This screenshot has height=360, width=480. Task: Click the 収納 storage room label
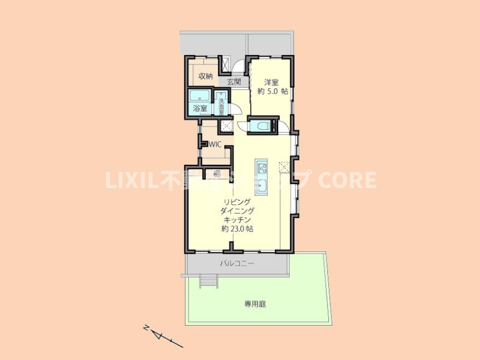(206, 76)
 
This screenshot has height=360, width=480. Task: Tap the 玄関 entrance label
(234, 82)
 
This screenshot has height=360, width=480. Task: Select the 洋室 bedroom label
(272, 82)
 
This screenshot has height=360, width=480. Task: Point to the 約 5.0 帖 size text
(273, 91)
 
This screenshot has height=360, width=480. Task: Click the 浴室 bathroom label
(200, 108)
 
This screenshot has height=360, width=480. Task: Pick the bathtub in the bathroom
(200, 96)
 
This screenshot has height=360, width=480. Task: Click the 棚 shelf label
(217, 174)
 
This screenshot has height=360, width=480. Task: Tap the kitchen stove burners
(262, 168)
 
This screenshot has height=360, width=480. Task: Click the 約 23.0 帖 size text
(237, 229)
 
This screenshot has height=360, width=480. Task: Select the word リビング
(238, 202)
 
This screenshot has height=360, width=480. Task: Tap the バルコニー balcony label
(237, 263)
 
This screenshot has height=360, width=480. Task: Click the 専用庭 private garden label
(255, 304)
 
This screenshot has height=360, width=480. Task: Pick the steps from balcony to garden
(209, 281)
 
